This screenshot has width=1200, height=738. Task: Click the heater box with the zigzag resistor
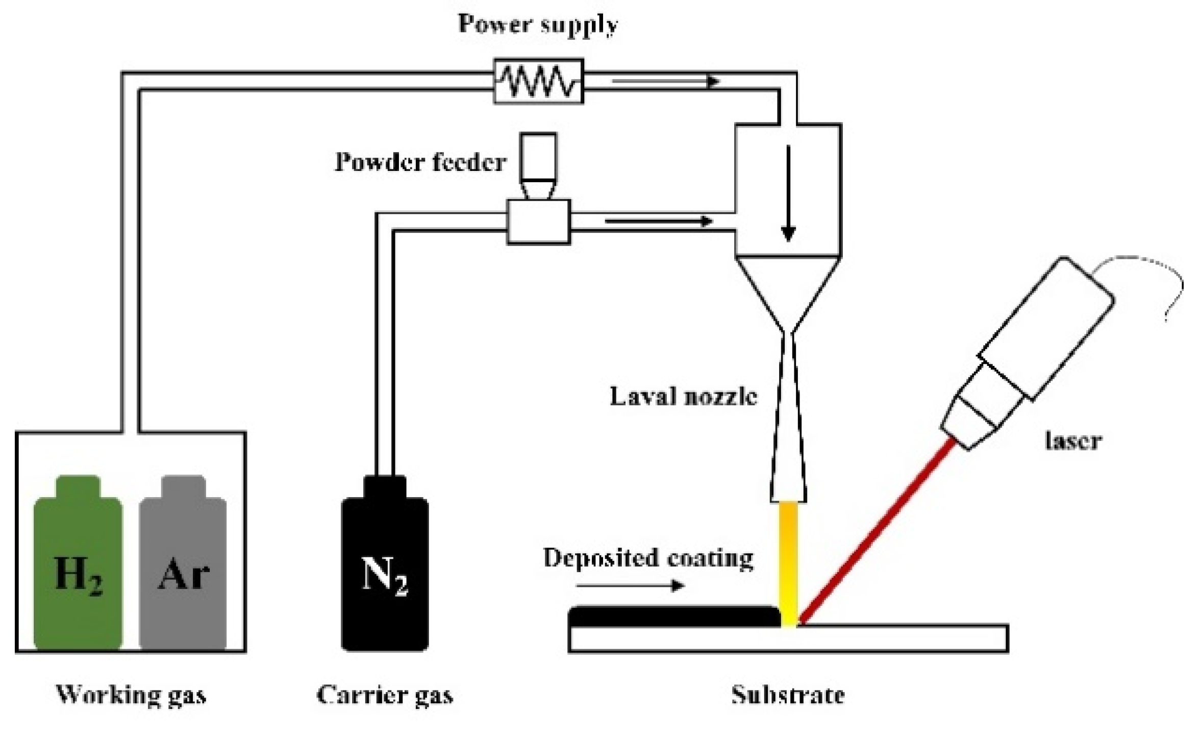click(x=538, y=81)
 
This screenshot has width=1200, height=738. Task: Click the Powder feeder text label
click(x=420, y=162)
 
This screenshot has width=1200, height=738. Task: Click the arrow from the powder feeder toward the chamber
click(x=658, y=221)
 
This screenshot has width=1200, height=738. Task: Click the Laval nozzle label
click(x=683, y=397)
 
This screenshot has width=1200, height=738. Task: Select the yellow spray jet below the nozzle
click(x=789, y=561)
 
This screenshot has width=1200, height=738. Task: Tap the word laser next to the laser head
click(x=1073, y=440)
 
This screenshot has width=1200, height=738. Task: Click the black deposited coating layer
click(x=673, y=616)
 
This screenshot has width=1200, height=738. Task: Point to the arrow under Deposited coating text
click(x=630, y=585)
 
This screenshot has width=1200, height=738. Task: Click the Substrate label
click(x=788, y=695)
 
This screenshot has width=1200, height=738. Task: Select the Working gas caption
click(x=131, y=695)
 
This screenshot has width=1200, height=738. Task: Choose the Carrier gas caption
click(x=385, y=695)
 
